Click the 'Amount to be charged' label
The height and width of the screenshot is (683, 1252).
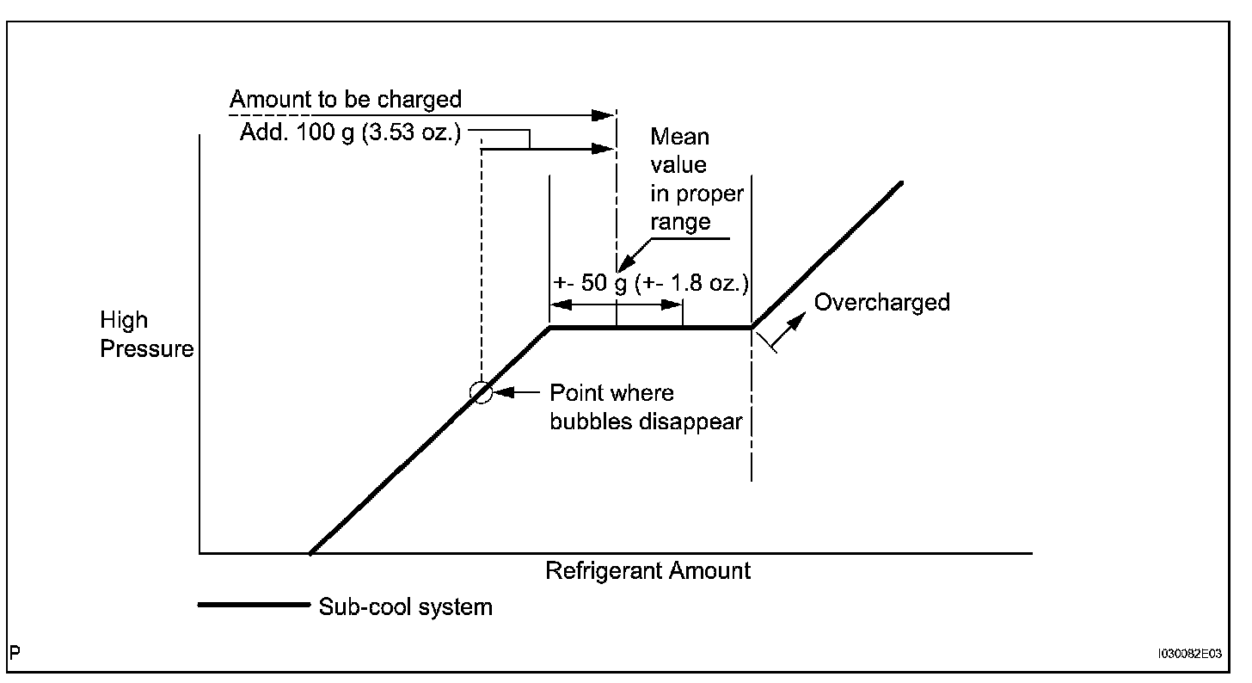click(x=346, y=99)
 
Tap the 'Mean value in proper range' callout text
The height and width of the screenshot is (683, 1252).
click(x=697, y=179)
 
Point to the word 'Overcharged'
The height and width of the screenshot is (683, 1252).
click(x=881, y=303)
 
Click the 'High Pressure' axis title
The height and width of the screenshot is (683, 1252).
click(x=146, y=335)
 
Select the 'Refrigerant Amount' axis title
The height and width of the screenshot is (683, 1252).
click(x=647, y=570)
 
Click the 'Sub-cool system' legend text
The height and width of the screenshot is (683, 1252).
click(x=405, y=606)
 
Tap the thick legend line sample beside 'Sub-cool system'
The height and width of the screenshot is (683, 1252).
click(x=253, y=605)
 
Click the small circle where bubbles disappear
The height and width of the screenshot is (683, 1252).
click(x=482, y=393)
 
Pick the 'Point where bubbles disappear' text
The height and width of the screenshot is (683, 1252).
click(x=645, y=408)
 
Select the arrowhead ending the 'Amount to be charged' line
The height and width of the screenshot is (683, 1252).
click(x=605, y=114)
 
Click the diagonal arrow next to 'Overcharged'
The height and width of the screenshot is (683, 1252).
click(x=789, y=330)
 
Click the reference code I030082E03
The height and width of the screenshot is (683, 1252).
click(x=1190, y=654)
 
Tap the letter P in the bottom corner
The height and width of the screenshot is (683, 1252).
click(x=15, y=653)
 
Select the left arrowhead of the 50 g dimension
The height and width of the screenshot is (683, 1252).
click(x=559, y=305)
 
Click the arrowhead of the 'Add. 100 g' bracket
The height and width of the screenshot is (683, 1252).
click(x=605, y=148)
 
